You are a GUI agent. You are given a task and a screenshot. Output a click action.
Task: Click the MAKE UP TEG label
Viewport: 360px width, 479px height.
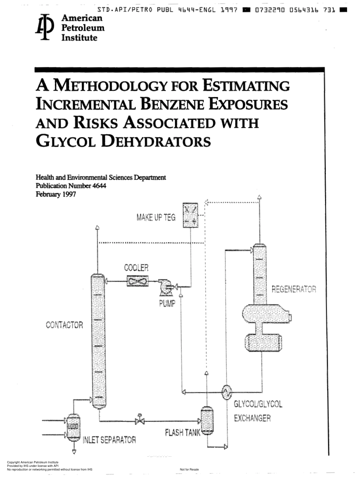[x=156, y=218]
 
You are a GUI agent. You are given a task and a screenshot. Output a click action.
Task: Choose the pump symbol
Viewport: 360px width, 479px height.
[x=166, y=286]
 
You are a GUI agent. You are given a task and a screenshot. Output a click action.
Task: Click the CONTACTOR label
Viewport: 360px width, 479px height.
[x=64, y=325]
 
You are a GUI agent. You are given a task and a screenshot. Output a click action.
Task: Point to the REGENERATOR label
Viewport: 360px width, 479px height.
[x=294, y=290]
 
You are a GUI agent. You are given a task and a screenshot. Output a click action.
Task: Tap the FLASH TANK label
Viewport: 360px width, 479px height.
[x=182, y=432]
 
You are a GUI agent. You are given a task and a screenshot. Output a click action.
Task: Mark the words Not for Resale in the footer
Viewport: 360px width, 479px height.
[x=189, y=470]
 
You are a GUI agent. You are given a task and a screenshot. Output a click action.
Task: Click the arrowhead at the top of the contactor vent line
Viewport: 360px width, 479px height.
[x=97, y=227]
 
